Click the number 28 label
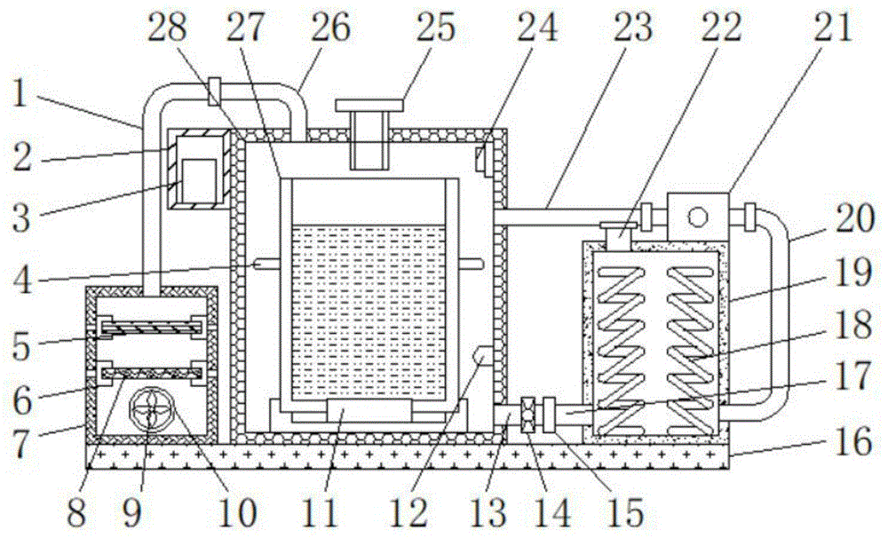(x=168, y=29)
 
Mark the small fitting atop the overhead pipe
(x=214, y=90)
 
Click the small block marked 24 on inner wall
(x=480, y=161)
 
